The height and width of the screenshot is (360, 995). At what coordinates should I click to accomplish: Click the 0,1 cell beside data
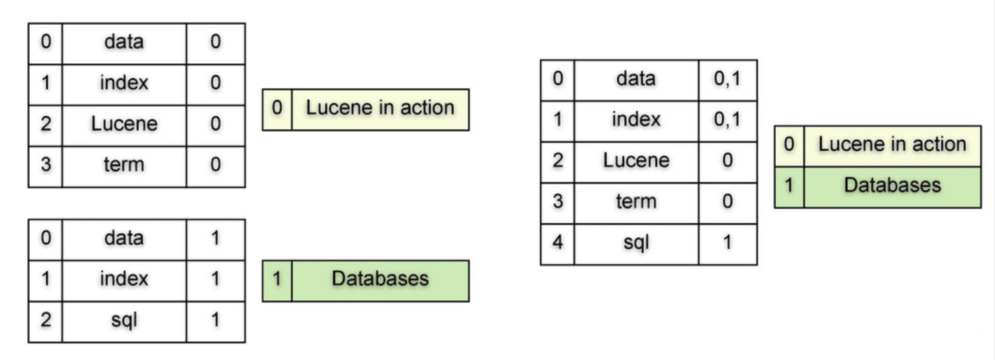(728, 80)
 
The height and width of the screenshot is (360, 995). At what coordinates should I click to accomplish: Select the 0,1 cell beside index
(728, 121)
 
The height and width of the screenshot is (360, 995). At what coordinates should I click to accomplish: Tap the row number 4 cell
(557, 244)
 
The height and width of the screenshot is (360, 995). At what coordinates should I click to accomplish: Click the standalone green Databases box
(366, 281)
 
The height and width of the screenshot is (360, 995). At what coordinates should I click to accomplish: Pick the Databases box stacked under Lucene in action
(878, 187)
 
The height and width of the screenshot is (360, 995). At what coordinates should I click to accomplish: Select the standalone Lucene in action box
(366, 110)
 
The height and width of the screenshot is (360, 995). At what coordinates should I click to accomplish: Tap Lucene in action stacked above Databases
(878, 146)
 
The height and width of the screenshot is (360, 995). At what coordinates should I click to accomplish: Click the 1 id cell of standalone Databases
(278, 281)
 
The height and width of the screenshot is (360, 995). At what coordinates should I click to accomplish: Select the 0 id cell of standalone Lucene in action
(278, 110)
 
